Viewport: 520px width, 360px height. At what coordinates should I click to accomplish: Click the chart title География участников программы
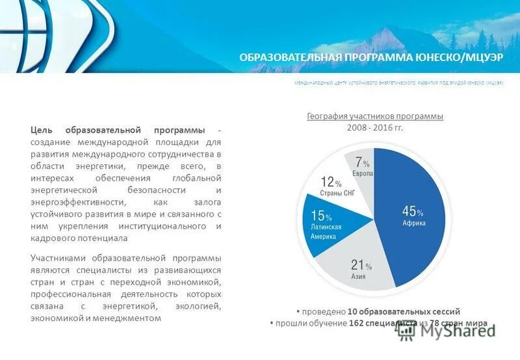pos(375,116)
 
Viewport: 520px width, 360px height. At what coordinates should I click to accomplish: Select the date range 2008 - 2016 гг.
pos(375,127)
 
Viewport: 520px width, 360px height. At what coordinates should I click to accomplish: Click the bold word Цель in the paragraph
pos(42,130)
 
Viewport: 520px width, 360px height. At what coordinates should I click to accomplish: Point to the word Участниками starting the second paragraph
pos(58,258)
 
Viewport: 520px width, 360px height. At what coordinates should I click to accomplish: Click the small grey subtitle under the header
pos(398,84)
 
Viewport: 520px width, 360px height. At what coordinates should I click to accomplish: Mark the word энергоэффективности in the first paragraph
pos(72,202)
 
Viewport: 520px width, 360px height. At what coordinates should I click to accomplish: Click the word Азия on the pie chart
pos(359,277)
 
